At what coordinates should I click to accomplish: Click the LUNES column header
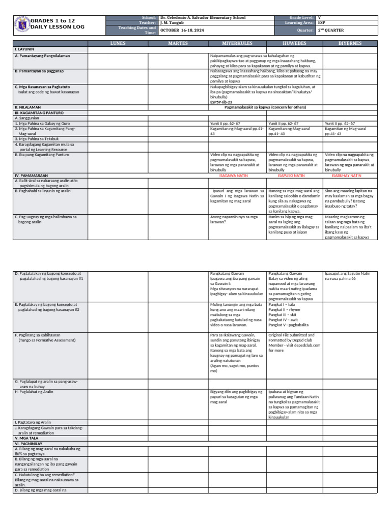pos(118,44)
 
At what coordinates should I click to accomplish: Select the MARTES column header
pos(178,44)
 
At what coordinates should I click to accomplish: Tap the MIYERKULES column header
pos(237,44)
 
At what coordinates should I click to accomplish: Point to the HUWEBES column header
pos(295,44)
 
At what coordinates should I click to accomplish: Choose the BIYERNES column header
pos(351,44)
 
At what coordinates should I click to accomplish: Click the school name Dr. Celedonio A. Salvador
pos(203,18)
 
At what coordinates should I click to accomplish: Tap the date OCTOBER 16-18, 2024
pos(181,31)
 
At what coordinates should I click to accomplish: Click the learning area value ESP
pos(322,23)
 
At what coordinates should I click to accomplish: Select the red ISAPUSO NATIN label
pos(291,176)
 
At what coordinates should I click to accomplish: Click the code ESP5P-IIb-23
pos(221,102)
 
